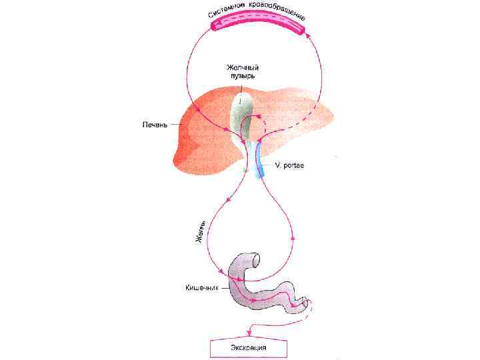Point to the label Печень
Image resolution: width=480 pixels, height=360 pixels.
[155, 125]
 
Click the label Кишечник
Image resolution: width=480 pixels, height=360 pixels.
[201, 288]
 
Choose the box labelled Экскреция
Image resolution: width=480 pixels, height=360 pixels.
[249, 347]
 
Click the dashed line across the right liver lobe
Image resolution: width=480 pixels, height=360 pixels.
[293, 123]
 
